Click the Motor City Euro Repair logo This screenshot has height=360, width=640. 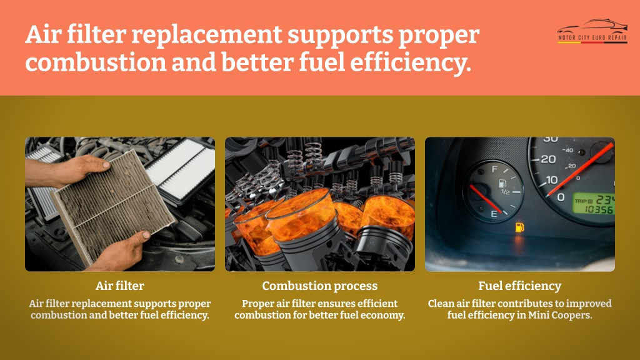coord(592,31)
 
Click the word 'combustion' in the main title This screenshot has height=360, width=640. coord(96,62)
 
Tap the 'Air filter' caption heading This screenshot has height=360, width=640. coord(120,286)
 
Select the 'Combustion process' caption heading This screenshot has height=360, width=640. coord(319,286)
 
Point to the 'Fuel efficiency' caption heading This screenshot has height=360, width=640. coord(519,286)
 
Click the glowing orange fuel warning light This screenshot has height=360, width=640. coord(519,227)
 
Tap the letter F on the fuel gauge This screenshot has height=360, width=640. coord(494,169)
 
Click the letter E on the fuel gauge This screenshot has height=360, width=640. coord(494,214)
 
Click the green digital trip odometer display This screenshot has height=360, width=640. coord(594,204)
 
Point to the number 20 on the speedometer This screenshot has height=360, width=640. coord(549,159)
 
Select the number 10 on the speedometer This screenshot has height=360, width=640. coord(551,179)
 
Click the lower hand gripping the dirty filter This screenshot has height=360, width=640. coord(122,251)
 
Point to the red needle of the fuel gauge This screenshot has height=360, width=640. coord(486,199)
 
